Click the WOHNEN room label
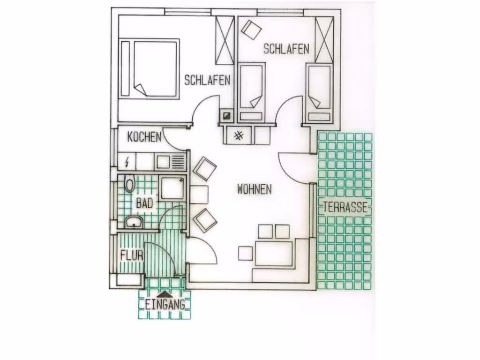pyautogui.click(x=255, y=189)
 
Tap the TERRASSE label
pyautogui.click(x=345, y=207)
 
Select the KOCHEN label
pyautogui.click(x=144, y=137)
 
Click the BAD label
pyautogui.click(x=144, y=203)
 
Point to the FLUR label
pyautogui.click(x=132, y=255)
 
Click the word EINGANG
pyautogui.click(x=165, y=305)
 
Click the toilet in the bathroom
pyautogui.click(x=130, y=183)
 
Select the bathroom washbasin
pyautogui.click(x=134, y=222)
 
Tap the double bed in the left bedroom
pyautogui.click(x=149, y=68)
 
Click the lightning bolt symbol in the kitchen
pyautogui.click(x=127, y=161)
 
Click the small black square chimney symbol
pyautogui.click(x=227, y=116)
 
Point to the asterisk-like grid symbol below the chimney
pyautogui.click(x=239, y=135)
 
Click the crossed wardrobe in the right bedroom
pyautogui.click(x=324, y=40)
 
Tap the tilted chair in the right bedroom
pyautogui.click(x=251, y=30)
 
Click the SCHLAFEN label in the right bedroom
pyautogui.click(x=286, y=49)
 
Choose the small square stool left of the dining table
pyautogui.click(x=246, y=253)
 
